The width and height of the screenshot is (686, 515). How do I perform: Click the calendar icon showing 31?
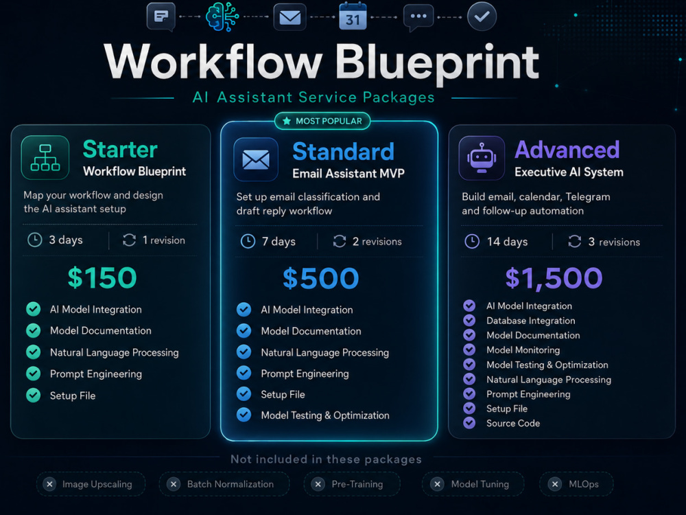pos(353,16)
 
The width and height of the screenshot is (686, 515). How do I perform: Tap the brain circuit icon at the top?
pos(222,16)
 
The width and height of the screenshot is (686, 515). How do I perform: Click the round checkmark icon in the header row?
pos(482,16)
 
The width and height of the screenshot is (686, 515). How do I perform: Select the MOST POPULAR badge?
pos(322,121)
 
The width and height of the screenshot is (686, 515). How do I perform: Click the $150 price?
pos(102,277)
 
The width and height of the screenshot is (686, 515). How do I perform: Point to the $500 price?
pos(320,278)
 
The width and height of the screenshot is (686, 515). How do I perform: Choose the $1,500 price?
pos(554,278)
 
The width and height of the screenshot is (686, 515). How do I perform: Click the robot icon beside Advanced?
pos(482,158)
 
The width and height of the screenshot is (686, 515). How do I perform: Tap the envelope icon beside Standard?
pos(256,159)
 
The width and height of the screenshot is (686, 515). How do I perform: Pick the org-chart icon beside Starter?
pos(45,158)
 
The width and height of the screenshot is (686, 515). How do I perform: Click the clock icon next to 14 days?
pos(472,241)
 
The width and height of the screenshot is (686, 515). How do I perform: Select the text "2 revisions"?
pos(377,241)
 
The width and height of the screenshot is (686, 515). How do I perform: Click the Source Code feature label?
pos(513,423)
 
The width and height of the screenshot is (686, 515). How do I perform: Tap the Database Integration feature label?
pos(531,321)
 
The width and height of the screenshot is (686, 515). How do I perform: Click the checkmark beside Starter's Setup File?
pos(33,395)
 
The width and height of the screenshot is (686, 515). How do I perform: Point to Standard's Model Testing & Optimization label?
pos(325,415)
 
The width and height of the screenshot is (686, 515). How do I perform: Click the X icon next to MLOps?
pos(555,484)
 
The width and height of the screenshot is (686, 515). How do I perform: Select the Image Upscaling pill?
pos(91,484)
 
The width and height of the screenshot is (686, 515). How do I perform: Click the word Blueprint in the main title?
pos(437,63)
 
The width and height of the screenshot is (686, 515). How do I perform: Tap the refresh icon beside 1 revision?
pos(129,240)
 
